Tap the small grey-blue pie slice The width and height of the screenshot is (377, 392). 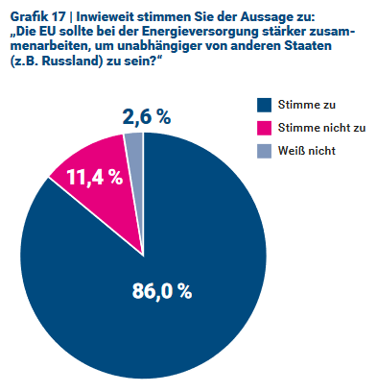point(134,142)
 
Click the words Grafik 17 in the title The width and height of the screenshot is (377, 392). point(36,15)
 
